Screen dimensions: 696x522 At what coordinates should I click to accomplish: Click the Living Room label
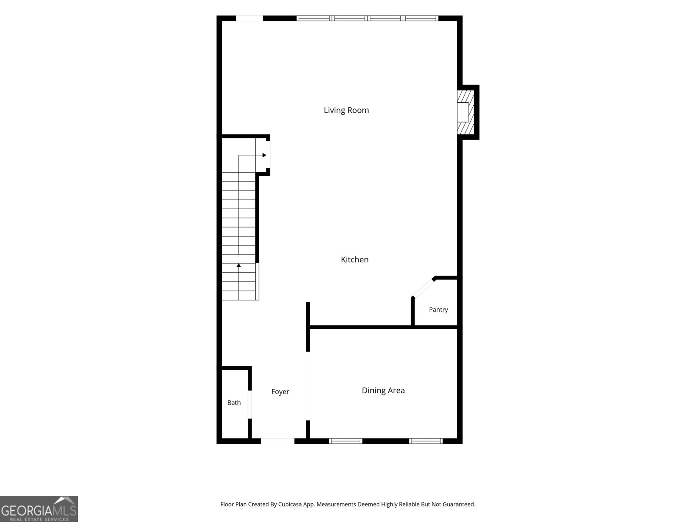point(346,110)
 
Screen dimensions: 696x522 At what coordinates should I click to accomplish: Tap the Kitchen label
point(355,260)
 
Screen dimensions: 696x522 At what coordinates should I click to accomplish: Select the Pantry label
point(438,310)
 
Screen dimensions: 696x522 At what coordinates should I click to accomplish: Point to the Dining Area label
point(383,391)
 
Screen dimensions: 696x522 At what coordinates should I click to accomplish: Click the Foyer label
point(280,392)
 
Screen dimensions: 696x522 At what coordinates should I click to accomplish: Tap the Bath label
point(234,402)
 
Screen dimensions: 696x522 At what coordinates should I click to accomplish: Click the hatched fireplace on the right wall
point(465,112)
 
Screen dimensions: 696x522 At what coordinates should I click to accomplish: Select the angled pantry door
point(423,288)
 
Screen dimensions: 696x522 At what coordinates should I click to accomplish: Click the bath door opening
point(250,405)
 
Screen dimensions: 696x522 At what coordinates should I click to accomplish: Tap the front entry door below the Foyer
point(278,441)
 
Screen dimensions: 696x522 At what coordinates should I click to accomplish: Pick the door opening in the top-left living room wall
point(249,18)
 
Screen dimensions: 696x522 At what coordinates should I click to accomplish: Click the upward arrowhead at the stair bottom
point(239,265)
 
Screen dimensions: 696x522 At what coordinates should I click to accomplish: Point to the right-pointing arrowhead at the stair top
point(264,155)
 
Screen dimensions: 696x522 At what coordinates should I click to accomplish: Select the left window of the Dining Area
point(346,441)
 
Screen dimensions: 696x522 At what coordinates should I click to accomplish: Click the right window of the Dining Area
point(426,441)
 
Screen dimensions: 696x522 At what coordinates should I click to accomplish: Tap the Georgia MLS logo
point(39,509)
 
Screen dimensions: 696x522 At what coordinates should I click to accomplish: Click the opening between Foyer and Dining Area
point(308,386)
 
